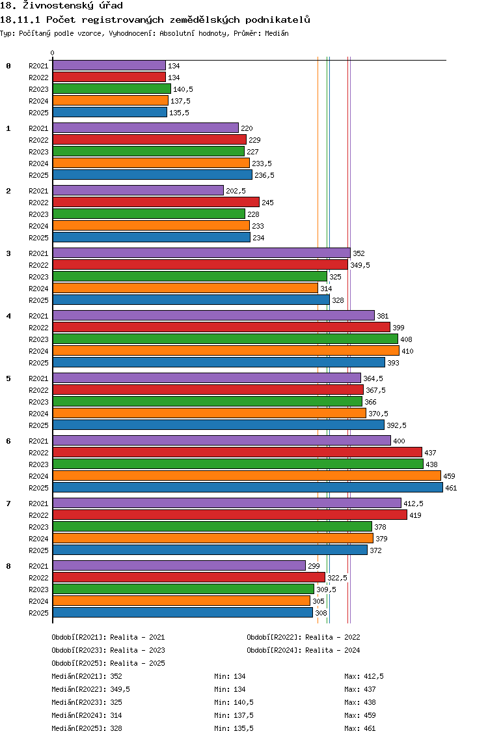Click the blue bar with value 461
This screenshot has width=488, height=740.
(247, 488)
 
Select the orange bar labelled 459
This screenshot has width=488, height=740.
(247, 476)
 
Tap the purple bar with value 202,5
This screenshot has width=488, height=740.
(138, 191)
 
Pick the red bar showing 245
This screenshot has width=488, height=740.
(156, 203)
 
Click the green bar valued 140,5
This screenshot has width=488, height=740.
(112, 89)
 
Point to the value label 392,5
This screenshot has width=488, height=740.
(396, 425)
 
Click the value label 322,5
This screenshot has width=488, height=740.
(337, 578)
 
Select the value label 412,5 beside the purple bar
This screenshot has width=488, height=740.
(414, 504)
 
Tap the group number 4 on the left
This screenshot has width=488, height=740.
(8, 316)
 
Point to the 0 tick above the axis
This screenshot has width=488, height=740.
(52, 53)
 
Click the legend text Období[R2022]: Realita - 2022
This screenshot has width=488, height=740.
(303, 638)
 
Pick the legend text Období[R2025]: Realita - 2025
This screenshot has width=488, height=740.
(109, 664)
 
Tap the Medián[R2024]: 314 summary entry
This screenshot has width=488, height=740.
(87, 715)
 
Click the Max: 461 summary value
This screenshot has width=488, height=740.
(360, 729)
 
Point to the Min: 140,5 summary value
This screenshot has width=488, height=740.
(234, 703)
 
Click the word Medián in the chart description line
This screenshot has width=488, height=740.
(277, 33)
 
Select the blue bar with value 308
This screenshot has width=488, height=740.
(182, 613)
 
